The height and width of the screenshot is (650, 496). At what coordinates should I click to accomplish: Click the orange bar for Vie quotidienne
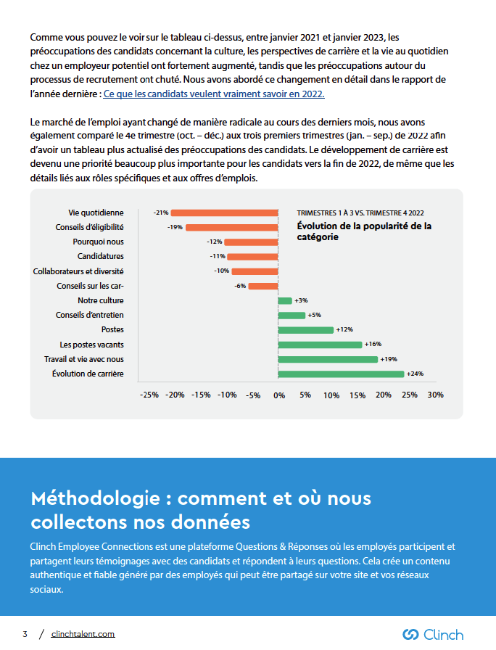click(225, 213)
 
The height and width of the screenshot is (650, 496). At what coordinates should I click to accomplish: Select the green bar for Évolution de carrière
click(341, 374)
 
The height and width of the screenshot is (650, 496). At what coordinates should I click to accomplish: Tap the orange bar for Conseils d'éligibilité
click(232, 227)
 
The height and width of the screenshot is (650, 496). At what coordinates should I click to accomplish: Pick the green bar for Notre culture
click(285, 300)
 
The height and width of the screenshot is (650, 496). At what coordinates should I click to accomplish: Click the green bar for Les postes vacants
click(320, 345)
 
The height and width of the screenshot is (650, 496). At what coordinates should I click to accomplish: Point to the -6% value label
click(240, 286)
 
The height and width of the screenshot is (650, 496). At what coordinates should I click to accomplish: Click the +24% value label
click(416, 374)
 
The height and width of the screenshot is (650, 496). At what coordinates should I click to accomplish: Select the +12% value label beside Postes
click(344, 330)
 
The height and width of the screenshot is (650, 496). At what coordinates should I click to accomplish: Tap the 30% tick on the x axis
click(435, 395)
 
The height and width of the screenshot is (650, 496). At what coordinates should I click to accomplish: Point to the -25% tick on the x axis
click(149, 395)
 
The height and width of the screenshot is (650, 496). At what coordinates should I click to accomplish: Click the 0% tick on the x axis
click(279, 395)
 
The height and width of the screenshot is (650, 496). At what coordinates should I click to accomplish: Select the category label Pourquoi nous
click(98, 242)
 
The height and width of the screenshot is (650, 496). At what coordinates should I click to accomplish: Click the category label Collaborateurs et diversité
click(78, 271)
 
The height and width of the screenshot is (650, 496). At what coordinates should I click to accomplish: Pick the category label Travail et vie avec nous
click(84, 359)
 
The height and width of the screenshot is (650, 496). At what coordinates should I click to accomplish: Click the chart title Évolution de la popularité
click(364, 231)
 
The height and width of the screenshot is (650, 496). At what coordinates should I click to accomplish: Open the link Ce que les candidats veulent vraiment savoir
click(214, 94)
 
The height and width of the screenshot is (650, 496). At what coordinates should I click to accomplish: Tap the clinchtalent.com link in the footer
click(83, 634)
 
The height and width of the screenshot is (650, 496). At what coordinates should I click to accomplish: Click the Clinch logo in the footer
click(433, 634)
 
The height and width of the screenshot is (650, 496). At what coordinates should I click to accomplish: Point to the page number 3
click(25, 634)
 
